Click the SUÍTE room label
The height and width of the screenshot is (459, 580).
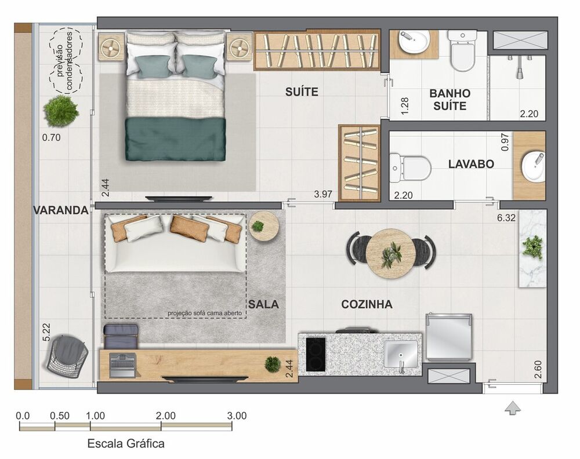tap(302, 92)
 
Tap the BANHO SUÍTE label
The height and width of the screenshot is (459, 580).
tap(449, 100)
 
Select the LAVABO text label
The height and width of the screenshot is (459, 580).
tap(471, 164)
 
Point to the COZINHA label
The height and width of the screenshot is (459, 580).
tap(367, 304)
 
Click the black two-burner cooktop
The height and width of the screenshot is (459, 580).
tap(316, 353)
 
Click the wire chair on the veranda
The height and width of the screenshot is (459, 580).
tap(68, 356)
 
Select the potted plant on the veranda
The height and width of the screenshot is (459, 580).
tap(60, 111)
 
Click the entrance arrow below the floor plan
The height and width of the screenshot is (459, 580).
tap(512, 408)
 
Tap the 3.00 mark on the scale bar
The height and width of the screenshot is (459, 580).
tap(237, 416)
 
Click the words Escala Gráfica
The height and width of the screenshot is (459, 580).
tap(125, 444)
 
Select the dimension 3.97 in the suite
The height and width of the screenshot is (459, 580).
tap(322, 194)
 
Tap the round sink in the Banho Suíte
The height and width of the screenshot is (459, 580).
tap(414, 41)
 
